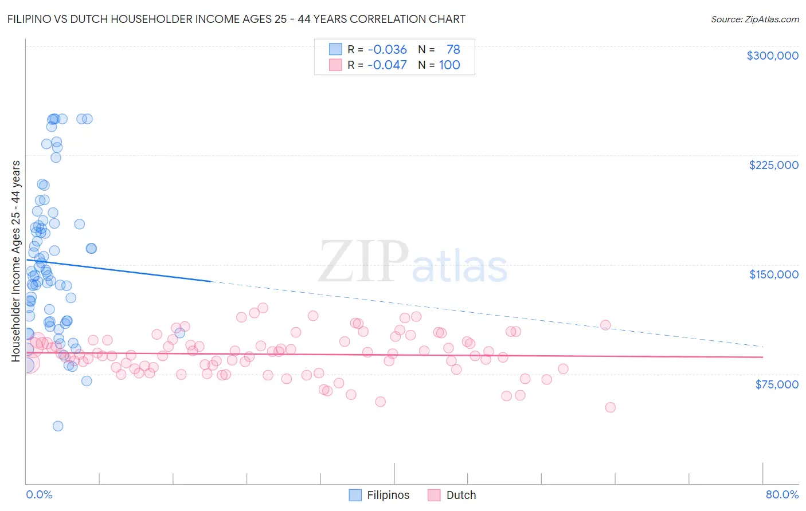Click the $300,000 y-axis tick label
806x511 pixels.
coord(772,56)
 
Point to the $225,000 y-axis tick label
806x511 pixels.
coord(773,165)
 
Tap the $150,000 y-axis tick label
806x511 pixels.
coord(773,274)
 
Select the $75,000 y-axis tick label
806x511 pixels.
coord(776,384)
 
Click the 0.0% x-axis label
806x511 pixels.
coord(39,494)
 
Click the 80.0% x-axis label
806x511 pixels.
coord(782,494)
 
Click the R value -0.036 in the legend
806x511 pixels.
coord(387,50)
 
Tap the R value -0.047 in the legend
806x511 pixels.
coord(387,65)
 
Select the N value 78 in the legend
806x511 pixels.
coord(453,50)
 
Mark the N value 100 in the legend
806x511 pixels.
coord(449,65)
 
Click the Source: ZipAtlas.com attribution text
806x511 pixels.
coord(754,19)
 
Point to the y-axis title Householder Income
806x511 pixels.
coord(15,261)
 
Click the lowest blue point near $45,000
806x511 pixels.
coord(58,426)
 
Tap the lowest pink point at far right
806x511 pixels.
coord(610,407)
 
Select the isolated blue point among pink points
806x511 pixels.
coord(179,333)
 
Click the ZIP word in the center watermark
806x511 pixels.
coord(363,262)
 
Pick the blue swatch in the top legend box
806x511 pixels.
coord(335,49)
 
